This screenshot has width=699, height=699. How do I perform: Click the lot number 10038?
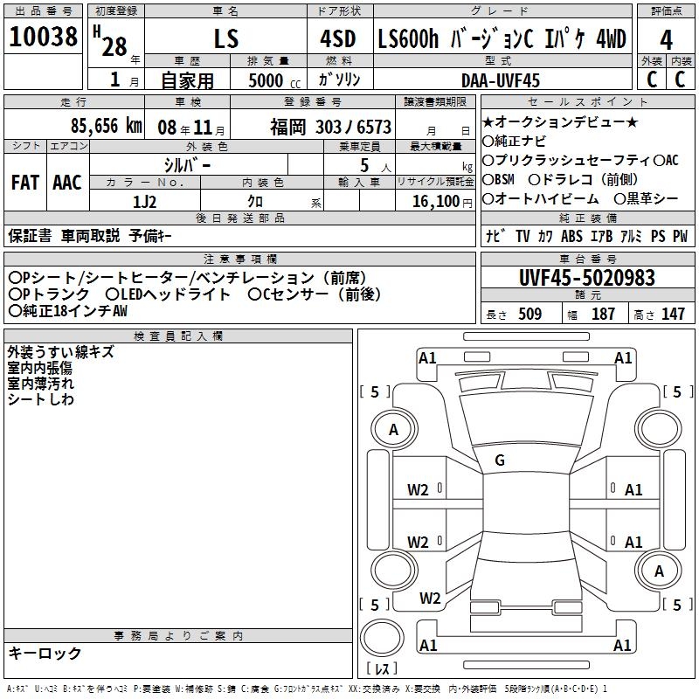tap(43, 37)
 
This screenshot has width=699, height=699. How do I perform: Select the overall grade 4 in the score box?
tap(666, 40)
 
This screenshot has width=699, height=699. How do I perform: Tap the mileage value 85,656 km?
tap(107, 126)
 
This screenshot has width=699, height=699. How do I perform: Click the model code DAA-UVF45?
tap(500, 80)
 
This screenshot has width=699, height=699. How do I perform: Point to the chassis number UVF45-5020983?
tap(587, 278)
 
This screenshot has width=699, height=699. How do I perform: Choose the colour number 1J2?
tap(144, 202)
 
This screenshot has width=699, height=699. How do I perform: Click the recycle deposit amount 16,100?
tap(436, 202)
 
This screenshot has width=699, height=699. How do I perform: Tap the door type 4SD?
tap(338, 38)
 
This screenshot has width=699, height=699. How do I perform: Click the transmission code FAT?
tap(25, 183)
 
